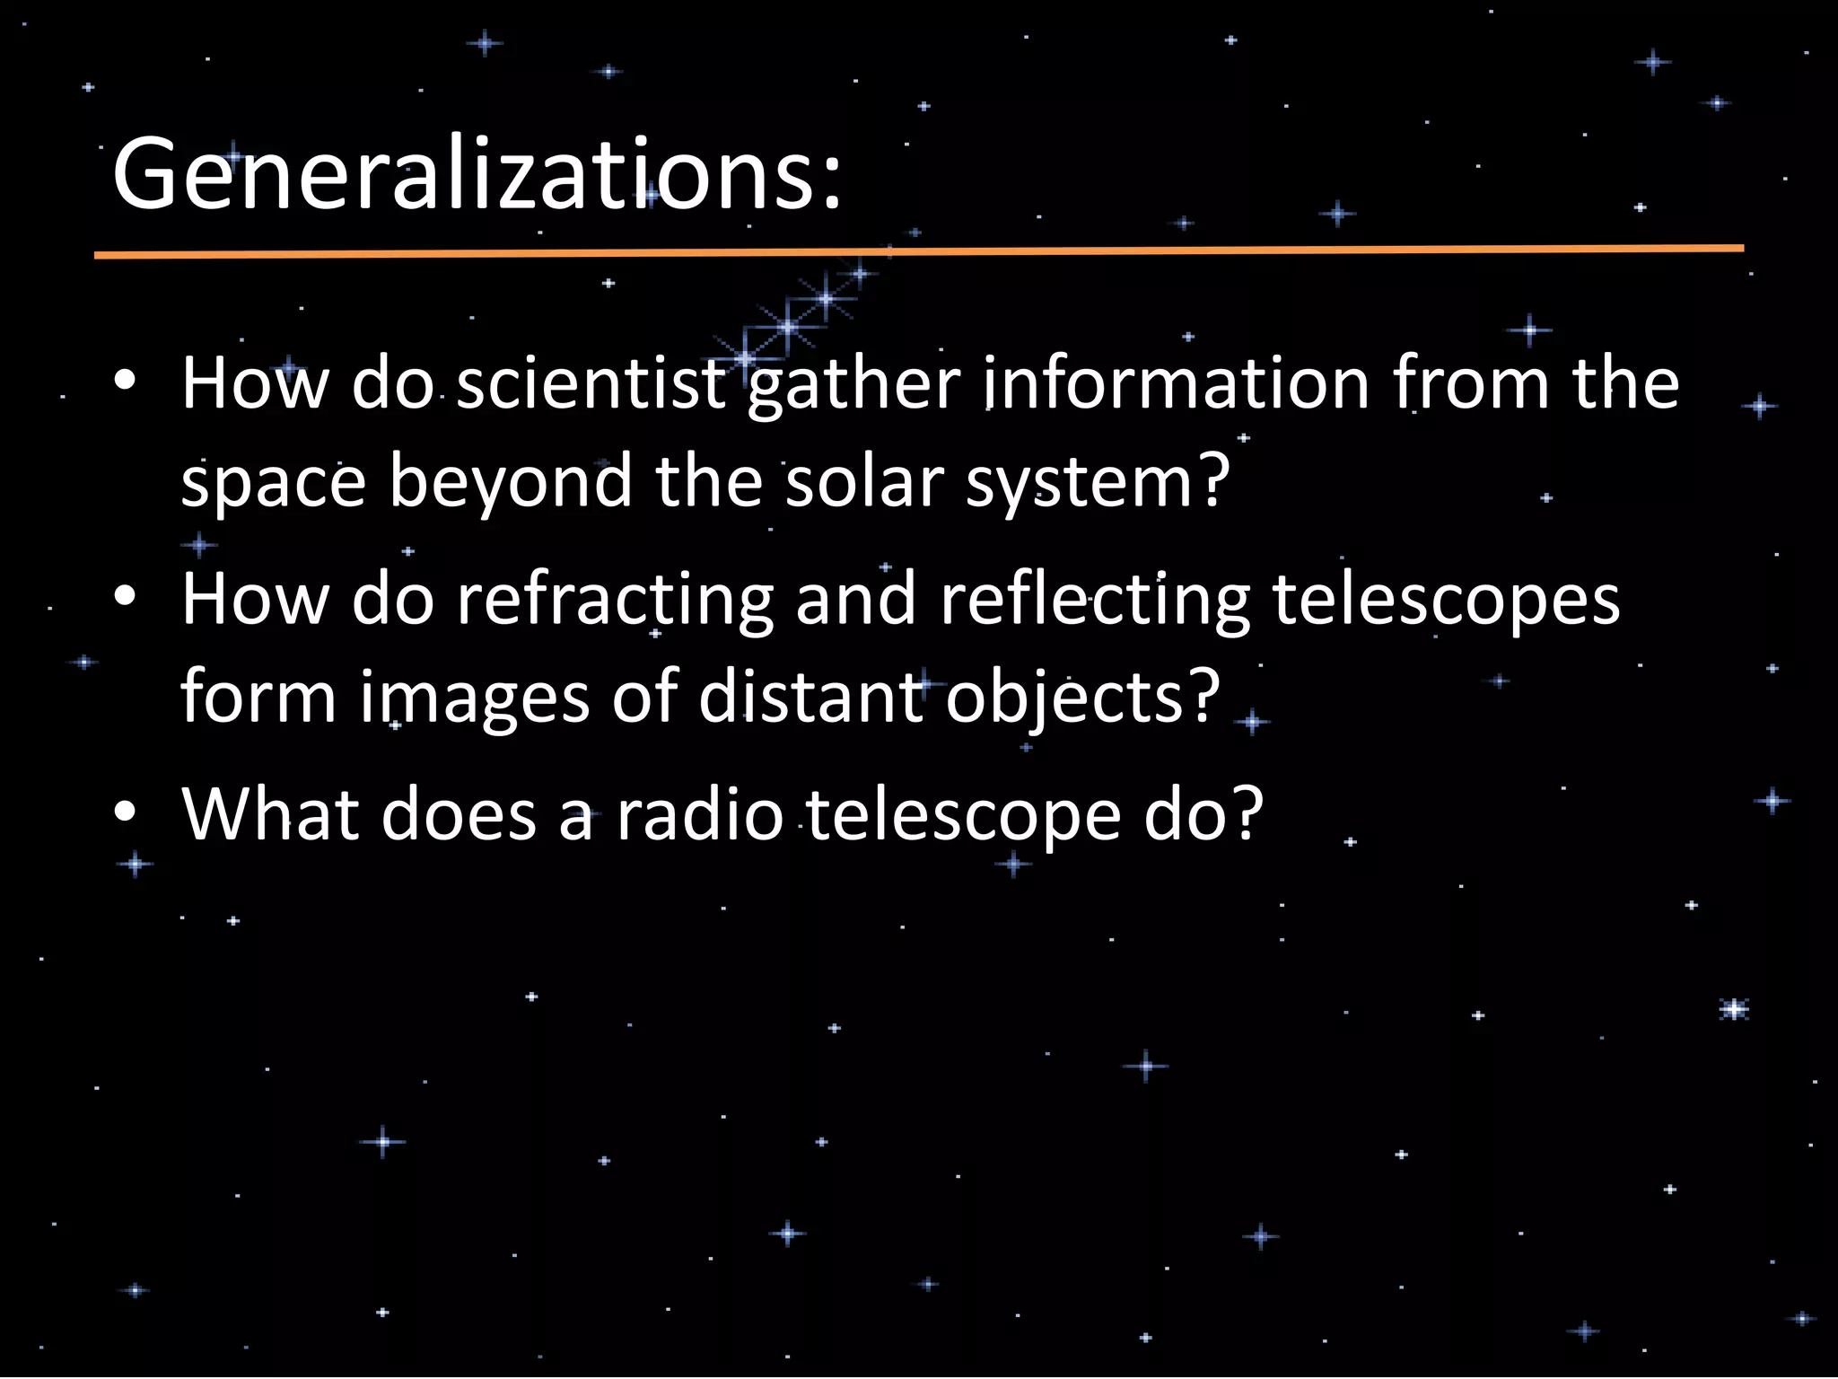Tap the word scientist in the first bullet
click(591, 384)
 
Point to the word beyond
click(510, 483)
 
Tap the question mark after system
click(1213, 481)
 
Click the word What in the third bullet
click(269, 815)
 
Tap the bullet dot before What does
click(126, 812)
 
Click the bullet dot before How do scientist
click(126, 381)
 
